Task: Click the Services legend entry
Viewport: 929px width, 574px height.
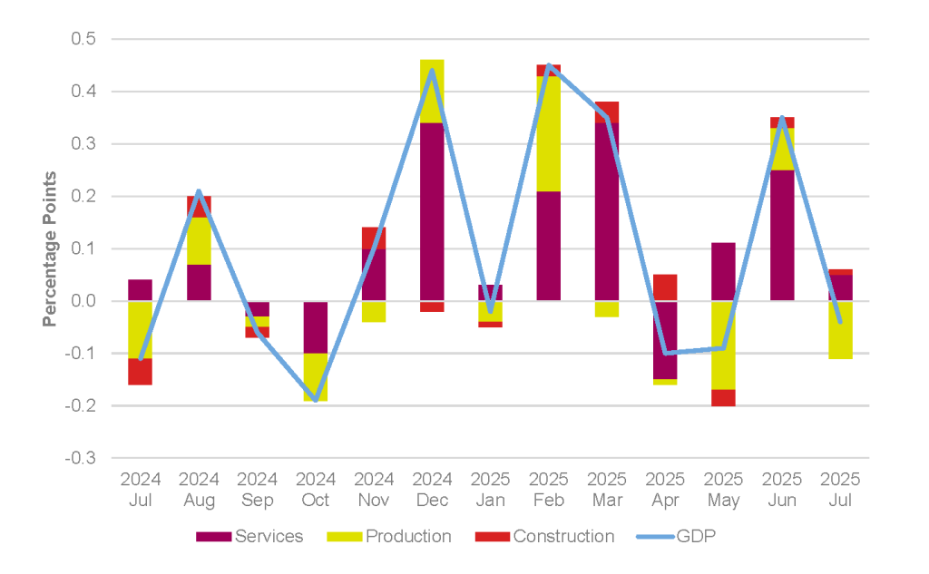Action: pos(249,536)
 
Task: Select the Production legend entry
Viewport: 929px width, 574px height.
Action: pos(388,536)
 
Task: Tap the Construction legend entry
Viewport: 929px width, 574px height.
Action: pos(544,536)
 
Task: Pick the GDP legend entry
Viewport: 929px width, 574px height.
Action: pos(676,536)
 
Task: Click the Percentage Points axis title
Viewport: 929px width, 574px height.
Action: pos(50,248)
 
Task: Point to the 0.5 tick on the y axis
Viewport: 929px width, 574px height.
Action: pos(83,39)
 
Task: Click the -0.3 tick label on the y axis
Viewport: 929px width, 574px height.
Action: pos(81,458)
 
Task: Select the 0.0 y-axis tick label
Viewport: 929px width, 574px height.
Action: pos(83,301)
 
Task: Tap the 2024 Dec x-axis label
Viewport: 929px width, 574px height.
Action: pos(432,490)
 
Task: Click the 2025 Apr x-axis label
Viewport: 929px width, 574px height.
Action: pos(665,490)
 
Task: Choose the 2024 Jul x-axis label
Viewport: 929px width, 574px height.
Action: pos(141,490)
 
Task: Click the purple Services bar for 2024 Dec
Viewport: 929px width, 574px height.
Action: pos(432,211)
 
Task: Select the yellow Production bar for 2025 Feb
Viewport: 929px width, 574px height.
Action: pos(549,134)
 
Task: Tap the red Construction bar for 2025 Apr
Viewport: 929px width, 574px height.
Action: pos(665,287)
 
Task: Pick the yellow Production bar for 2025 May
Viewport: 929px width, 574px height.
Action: pos(723,345)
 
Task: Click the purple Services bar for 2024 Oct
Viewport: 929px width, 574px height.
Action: pos(315,327)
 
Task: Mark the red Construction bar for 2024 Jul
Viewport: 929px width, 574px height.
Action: pos(141,372)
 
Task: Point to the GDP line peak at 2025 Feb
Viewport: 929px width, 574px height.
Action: pos(549,65)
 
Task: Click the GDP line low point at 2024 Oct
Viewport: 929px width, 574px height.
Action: pos(315,401)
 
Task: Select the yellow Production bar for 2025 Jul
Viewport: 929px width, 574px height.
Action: pos(840,330)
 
